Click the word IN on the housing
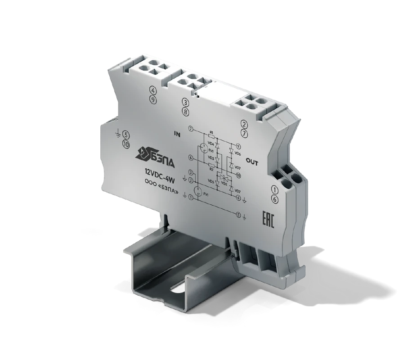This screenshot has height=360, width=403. click(177, 134)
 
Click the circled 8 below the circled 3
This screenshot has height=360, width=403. click(186, 111)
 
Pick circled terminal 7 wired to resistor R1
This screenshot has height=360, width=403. click(191, 130)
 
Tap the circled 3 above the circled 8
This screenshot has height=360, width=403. click(186, 102)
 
